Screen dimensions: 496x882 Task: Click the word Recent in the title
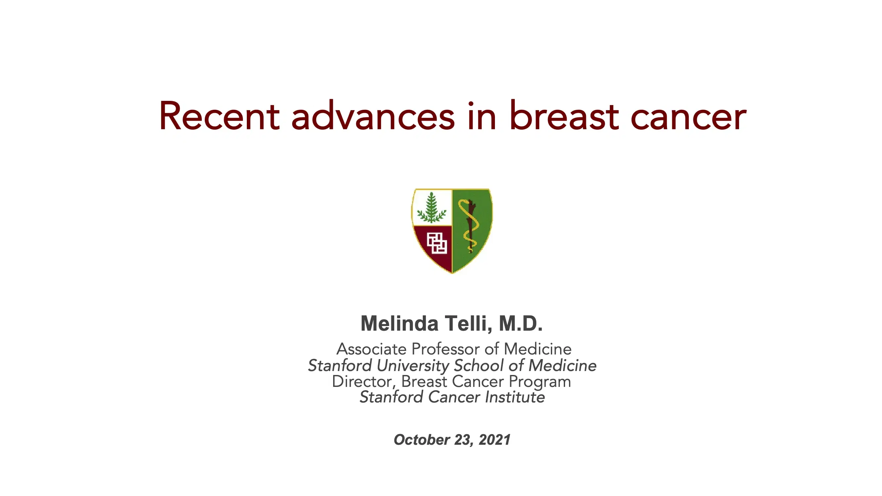point(219,116)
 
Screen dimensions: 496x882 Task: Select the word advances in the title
point(373,116)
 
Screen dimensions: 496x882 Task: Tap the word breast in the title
point(564,116)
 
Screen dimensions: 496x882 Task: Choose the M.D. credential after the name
point(521,323)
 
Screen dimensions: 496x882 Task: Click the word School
point(479,365)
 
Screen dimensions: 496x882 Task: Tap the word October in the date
point(422,440)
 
